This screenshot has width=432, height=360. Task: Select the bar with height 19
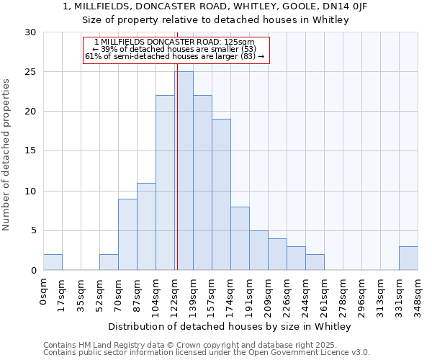(221, 194)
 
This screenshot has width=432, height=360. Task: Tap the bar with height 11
(146, 226)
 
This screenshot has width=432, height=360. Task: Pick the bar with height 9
(127, 234)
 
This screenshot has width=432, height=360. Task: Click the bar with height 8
(240, 238)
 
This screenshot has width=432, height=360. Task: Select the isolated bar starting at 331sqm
(408, 258)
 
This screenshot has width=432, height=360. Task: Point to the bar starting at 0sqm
(53, 262)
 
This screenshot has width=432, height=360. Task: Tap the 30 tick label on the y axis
(30, 32)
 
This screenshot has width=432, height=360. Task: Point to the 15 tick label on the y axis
(30, 151)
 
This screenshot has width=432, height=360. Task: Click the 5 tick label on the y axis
(33, 231)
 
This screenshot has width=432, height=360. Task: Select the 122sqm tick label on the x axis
(175, 294)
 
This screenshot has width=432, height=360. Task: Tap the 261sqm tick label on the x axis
(325, 294)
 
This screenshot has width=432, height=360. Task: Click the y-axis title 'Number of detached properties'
(7, 155)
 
